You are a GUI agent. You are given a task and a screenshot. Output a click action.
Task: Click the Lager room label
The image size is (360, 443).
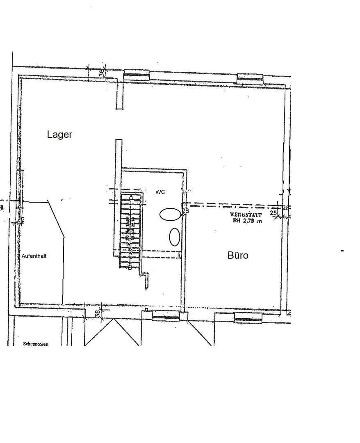[x=59, y=135]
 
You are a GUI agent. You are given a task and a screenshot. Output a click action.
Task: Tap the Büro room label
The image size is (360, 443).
[x=238, y=255]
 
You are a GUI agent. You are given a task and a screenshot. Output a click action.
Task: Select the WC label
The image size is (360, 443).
[x=160, y=192]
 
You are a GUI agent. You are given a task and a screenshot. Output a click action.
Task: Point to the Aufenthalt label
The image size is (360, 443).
[x=34, y=256]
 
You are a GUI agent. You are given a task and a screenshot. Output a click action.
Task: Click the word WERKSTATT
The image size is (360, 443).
[x=246, y=215]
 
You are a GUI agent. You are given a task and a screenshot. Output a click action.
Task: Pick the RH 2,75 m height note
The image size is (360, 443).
[x=247, y=221]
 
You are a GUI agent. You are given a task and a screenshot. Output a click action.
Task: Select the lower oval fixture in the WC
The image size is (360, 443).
[x=175, y=237]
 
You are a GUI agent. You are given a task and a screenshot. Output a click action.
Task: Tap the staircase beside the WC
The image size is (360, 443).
[x=130, y=230]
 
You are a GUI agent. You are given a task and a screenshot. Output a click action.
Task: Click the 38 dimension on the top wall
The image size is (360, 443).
[x=102, y=73]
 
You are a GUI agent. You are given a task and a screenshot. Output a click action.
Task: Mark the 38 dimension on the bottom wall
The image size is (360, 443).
[x=98, y=313]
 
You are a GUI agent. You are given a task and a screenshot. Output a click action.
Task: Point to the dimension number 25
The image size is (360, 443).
[x=273, y=213]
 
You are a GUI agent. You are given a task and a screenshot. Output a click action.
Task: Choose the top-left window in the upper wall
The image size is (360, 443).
[x=137, y=74]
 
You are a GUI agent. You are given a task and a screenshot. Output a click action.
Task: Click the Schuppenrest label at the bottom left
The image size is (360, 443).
[x=36, y=344]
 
